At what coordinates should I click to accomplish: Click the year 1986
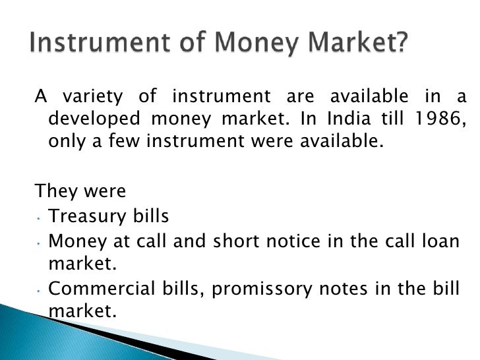coord(441,120)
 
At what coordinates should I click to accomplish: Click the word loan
coord(441,241)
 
